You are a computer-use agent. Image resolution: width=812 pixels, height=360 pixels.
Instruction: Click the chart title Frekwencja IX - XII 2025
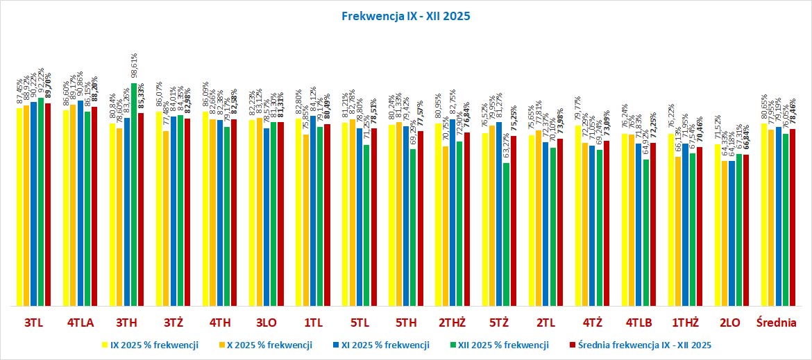click(x=406, y=15)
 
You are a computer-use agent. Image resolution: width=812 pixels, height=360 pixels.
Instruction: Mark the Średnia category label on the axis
click(x=779, y=323)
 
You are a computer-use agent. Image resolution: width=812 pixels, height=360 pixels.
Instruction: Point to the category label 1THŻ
click(x=685, y=323)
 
